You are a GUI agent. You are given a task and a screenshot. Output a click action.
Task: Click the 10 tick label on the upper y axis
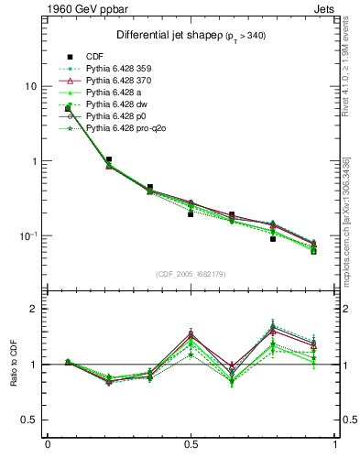[x=29, y=86]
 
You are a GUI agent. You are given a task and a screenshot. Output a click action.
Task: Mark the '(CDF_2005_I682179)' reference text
[x=191, y=275]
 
